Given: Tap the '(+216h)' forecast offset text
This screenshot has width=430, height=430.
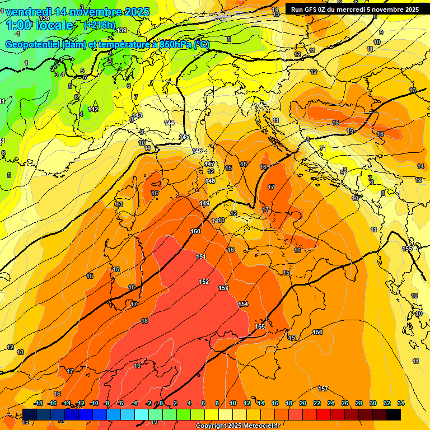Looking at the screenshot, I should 99,25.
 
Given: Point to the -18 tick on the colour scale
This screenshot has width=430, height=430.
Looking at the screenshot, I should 38,403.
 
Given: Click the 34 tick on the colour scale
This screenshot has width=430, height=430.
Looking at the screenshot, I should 401,403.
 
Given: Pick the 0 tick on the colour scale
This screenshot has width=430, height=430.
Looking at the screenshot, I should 161,403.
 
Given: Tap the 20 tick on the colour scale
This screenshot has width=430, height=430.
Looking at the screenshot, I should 303,403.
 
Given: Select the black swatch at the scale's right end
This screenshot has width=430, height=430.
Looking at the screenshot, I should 394,414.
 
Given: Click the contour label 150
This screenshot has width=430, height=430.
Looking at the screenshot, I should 195,231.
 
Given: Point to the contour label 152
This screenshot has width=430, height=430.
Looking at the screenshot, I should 204,282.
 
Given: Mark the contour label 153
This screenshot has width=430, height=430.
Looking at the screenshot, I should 223,288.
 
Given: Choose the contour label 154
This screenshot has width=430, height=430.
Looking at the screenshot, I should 243,304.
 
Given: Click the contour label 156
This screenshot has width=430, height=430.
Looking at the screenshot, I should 317,332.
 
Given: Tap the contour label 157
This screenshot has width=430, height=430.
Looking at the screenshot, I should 323,388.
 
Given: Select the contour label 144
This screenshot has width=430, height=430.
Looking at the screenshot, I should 169,122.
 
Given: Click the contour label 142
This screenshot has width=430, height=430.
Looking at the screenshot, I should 93,109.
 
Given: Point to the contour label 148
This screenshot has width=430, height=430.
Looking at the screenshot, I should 210,181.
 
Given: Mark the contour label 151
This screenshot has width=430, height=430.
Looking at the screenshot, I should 201,256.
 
